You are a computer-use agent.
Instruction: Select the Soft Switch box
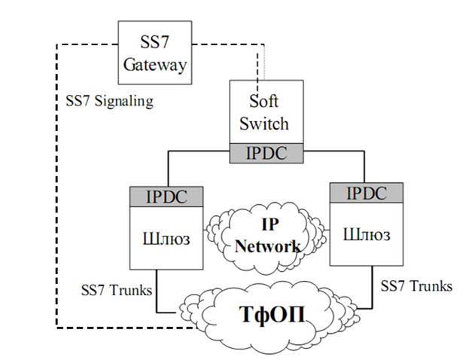[267, 111]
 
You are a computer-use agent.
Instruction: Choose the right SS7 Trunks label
[417, 286]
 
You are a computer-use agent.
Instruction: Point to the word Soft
[268, 100]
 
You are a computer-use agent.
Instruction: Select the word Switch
[268, 122]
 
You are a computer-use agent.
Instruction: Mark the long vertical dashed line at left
[58, 188]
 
